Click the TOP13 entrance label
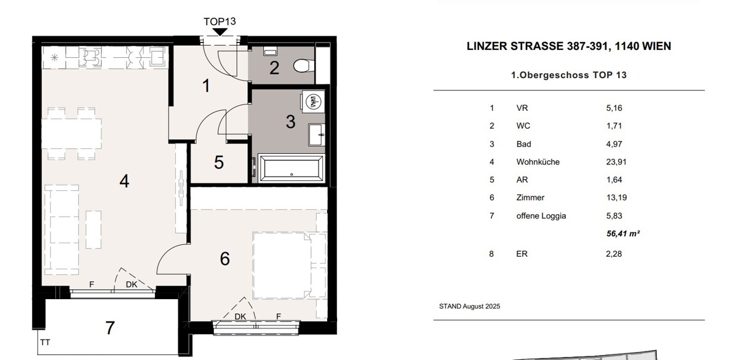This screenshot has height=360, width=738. point(220,21)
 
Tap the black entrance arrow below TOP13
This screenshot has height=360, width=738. point(220,32)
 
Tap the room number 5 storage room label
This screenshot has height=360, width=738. point(219,163)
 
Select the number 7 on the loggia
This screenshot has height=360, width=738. point(109,328)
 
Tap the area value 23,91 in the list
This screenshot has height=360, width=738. point(617,162)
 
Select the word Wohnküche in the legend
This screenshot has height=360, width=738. point(538,162)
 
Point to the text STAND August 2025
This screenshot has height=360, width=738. point(469,306)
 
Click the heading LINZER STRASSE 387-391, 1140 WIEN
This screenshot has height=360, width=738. point(569,46)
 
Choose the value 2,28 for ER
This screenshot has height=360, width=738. point(614,254)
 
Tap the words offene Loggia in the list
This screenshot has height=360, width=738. point(541,216)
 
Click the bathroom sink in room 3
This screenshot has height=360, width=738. point(317,132)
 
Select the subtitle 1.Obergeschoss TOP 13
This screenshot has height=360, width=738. point(569,75)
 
